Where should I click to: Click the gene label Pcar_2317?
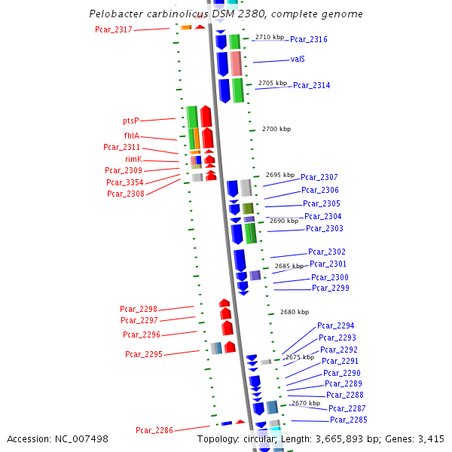click(x=114, y=30)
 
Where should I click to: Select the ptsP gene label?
click(x=131, y=121)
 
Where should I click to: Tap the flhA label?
click(x=132, y=136)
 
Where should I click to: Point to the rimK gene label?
click(x=133, y=159)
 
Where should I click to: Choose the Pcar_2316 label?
click(x=309, y=39)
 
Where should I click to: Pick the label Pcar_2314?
click(x=311, y=86)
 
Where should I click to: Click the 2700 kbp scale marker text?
click(x=276, y=130)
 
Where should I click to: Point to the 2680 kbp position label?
click(x=295, y=312)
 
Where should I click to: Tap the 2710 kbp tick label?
click(x=270, y=36)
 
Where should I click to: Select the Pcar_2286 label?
click(x=154, y=430)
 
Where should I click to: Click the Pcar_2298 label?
click(x=139, y=309)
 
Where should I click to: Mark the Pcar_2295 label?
click(x=144, y=354)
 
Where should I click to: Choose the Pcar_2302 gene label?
click(x=327, y=252)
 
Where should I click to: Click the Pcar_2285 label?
click(x=349, y=420)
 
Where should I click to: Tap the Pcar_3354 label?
click(x=125, y=182)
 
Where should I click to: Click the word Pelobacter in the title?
click(x=115, y=14)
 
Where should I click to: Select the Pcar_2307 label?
click(x=319, y=177)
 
